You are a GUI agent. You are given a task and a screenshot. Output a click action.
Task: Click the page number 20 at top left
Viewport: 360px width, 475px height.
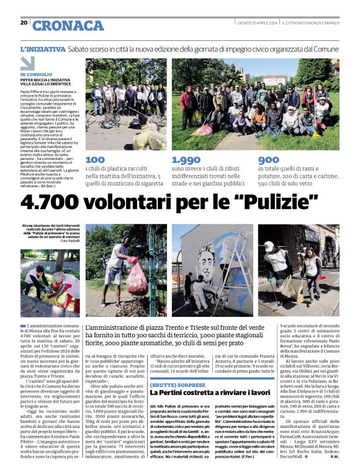click(x=24, y=22)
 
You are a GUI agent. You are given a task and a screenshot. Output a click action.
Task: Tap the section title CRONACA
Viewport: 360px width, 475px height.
click(x=68, y=25)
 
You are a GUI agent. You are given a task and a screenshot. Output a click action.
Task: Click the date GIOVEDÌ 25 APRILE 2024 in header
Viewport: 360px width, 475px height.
click(x=257, y=23)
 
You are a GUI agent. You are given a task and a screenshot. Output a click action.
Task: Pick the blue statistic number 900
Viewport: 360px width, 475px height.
click(x=268, y=160)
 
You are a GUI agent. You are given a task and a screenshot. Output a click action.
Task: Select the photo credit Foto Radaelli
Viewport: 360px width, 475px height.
click(x=68, y=240)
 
